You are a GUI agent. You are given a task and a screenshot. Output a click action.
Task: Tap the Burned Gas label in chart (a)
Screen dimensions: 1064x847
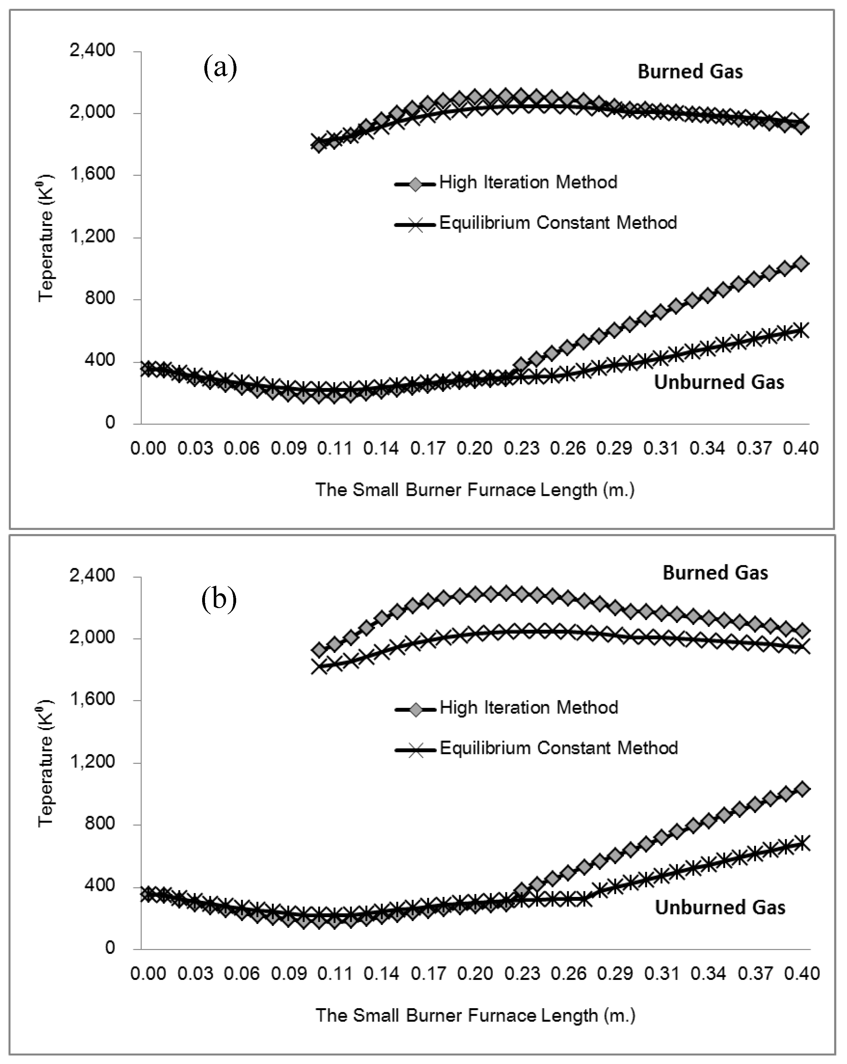pos(690,72)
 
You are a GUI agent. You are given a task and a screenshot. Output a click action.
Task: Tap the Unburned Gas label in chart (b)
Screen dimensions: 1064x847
pos(720,907)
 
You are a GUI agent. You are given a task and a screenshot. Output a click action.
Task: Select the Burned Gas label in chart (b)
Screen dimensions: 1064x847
pos(715,572)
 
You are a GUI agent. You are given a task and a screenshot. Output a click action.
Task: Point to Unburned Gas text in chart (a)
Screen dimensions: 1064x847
pos(719,382)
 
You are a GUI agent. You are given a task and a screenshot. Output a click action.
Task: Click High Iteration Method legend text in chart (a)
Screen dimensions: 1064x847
pos(528,183)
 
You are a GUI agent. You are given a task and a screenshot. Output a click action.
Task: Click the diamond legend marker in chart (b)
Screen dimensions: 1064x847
pos(416,710)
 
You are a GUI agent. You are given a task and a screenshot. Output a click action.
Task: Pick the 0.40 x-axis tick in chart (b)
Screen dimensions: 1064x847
pos(802,973)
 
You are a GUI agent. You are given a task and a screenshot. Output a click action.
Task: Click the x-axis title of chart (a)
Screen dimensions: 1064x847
pos(475,490)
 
